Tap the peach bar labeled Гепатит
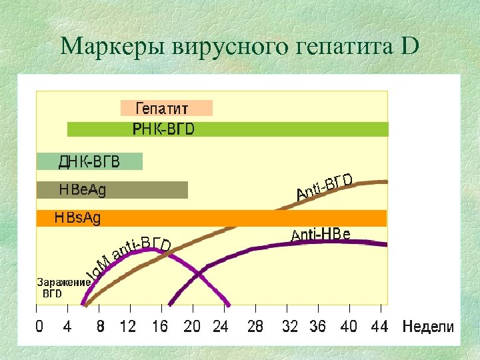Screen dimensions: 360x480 (165, 108)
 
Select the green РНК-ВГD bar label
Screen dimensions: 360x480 (163, 129)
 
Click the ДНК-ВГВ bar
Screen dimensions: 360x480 (89, 161)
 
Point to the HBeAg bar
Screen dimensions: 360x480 (111, 190)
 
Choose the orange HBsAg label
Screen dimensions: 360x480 (78, 218)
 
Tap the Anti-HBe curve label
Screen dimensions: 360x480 (321, 234)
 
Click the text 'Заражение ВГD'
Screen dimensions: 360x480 (63, 287)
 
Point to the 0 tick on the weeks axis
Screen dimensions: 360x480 (39, 327)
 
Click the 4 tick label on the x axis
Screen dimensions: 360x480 (67, 327)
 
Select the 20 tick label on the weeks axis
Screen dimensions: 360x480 (191, 327)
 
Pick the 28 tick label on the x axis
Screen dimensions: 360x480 (255, 327)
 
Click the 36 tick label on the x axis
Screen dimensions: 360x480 (317, 327)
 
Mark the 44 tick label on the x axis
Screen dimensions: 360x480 (379, 327)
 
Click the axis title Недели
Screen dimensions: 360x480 (428, 327)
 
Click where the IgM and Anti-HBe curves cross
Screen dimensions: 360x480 (199, 273)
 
